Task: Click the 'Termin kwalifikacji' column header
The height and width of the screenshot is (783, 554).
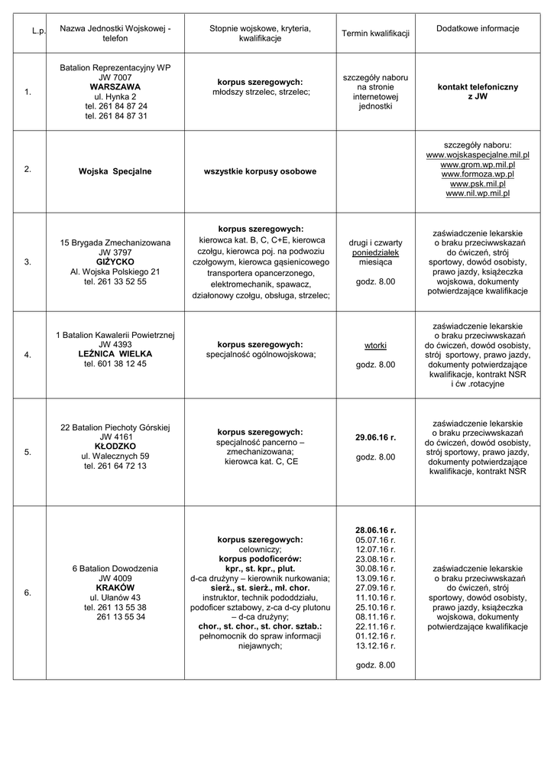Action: click(375, 34)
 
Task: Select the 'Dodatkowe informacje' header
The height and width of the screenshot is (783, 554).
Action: click(478, 28)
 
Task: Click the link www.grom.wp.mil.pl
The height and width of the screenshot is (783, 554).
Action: click(478, 164)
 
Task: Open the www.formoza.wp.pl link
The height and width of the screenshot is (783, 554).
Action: click(478, 174)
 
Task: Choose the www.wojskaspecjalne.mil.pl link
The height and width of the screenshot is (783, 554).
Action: click(478, 154)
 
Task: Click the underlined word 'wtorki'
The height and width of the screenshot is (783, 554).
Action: click(375, 346)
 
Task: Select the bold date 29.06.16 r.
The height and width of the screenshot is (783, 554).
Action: click(375, 437)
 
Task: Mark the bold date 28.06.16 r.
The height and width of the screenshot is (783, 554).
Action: click(375, 529)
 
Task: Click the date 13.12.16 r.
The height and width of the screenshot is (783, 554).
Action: click(375, 646)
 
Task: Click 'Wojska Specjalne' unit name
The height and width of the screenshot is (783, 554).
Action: click(115, 171)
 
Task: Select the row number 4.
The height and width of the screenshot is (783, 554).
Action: click(28, 355)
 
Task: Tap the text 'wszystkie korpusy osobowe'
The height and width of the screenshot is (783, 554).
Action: click(260, 171)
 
